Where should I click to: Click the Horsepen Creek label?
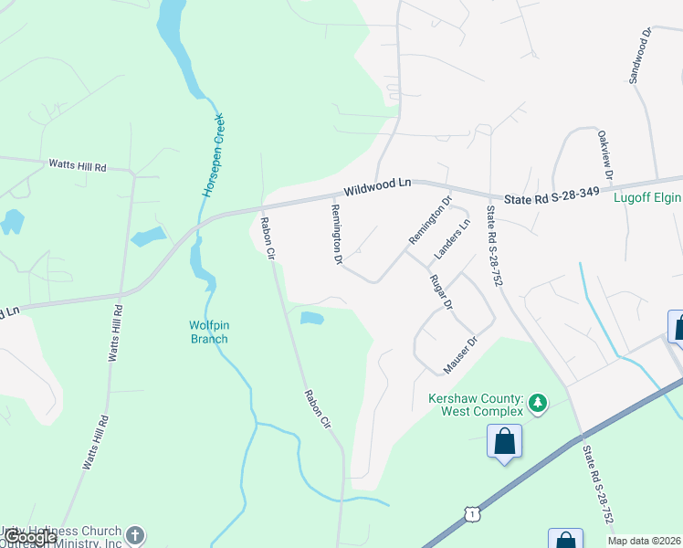click(x=213, y=156)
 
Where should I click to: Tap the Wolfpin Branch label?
click(x=208, y=332)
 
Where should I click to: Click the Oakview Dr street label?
click(x=604, y=154)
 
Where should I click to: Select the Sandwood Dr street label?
click(x=638, y=56)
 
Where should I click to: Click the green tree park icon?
click(x=538, y=402)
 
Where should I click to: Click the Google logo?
click(x=30, y=537)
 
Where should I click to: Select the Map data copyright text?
click(x=645, y=541)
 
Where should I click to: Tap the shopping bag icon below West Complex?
click(x=504, y=443)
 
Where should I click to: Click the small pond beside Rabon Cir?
click(x=312, y=319)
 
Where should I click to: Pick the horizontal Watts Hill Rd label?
click(x=78, y=166)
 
